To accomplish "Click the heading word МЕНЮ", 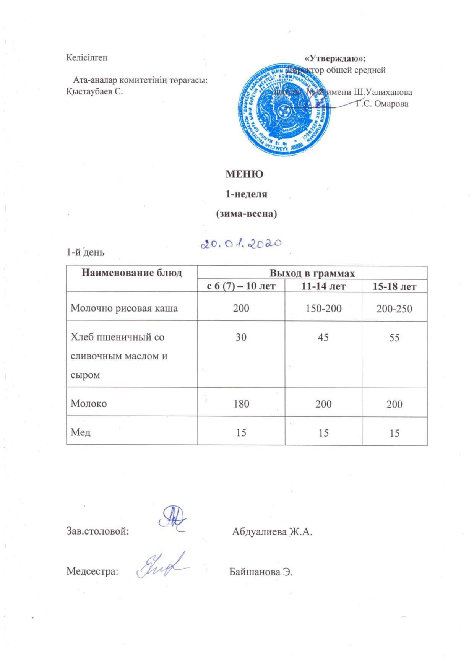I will [244, 174].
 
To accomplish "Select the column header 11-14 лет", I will [323, 286].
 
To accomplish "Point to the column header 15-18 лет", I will [394, 286].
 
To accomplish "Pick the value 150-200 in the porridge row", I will [323, 308].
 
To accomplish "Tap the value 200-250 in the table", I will [394, 309].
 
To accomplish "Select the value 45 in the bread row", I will [323, 337].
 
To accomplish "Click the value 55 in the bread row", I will [394, 338].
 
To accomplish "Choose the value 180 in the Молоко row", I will [241, 404].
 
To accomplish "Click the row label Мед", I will [81, 432].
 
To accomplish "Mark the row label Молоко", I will [89, 403].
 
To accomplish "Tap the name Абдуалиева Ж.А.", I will [272, 531].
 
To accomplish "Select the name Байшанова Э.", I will [261, 572].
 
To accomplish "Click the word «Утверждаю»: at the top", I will [335, 58].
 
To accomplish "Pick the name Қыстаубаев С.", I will [94, 92].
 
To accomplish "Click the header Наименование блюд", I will [132, 273].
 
